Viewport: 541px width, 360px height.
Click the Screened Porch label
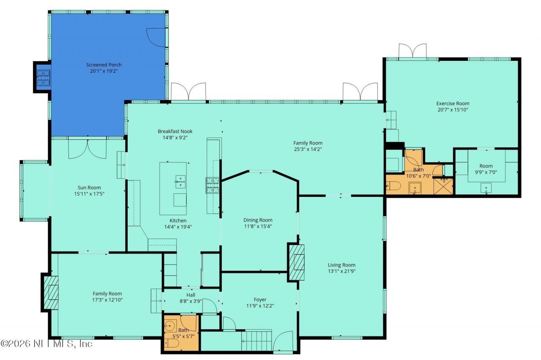pos(104,65)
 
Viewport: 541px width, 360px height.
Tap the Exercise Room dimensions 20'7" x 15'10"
pos(453,110)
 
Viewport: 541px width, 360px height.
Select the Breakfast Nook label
pos(175,131)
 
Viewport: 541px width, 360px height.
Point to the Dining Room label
pos(258,220)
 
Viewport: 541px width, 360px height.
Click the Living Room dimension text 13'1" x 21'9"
pos(342,271)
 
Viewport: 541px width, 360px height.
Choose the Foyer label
pos(260,300)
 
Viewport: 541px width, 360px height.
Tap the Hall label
pos(191,295)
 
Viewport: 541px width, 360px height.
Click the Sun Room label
pos(89,188)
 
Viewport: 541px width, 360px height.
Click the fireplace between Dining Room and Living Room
pos(296,262)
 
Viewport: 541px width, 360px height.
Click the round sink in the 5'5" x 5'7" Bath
pos(171,326)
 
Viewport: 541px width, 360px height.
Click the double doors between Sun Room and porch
pos(87,148)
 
